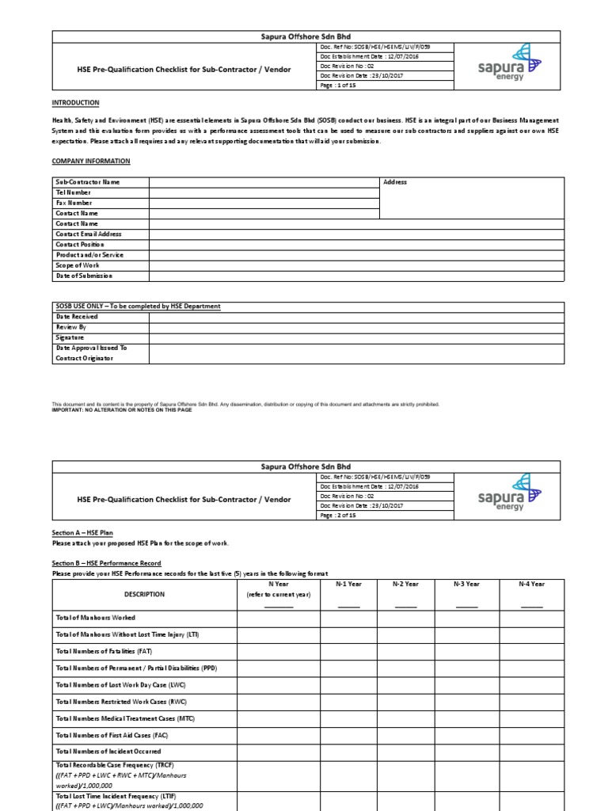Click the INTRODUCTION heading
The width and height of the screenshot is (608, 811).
pos(75,103)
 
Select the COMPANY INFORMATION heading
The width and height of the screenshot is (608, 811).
pos(91,161)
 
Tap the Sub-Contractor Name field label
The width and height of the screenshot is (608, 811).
pos(87,182)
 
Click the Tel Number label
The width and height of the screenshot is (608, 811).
pos(73,192)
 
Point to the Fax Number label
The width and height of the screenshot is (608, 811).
pos(74,203)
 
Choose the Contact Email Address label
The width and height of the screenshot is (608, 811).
pos(88,234)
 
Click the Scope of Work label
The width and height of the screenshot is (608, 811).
pos(78,265)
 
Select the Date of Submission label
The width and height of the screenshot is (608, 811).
pos(84,276)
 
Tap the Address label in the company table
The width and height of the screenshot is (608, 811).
pos(395,182)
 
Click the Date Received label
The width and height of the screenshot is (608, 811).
pos(77,317)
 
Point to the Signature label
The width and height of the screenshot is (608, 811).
pos(70,337)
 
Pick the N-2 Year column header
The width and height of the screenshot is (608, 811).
pos(405,584)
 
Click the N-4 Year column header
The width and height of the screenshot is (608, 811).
pos(531,584)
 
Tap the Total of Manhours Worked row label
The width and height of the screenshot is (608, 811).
pos(95,618)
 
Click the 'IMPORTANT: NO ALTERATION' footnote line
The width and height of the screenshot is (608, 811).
pos(122,410)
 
